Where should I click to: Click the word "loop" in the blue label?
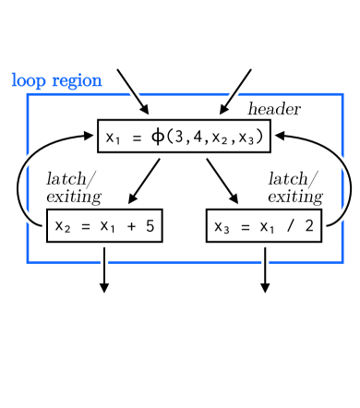point(28,80)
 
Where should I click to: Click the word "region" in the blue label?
point(74,81)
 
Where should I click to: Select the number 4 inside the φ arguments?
point(201,138)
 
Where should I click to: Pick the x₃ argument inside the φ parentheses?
point(252,138)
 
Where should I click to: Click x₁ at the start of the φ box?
point(114,138)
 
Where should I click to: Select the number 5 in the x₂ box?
point(150,225)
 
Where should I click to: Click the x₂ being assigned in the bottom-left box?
point(65,226)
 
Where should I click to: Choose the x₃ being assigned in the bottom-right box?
point(223,226)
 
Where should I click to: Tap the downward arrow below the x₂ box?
point(104,270)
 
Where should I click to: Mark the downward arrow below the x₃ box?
point(266,270)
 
